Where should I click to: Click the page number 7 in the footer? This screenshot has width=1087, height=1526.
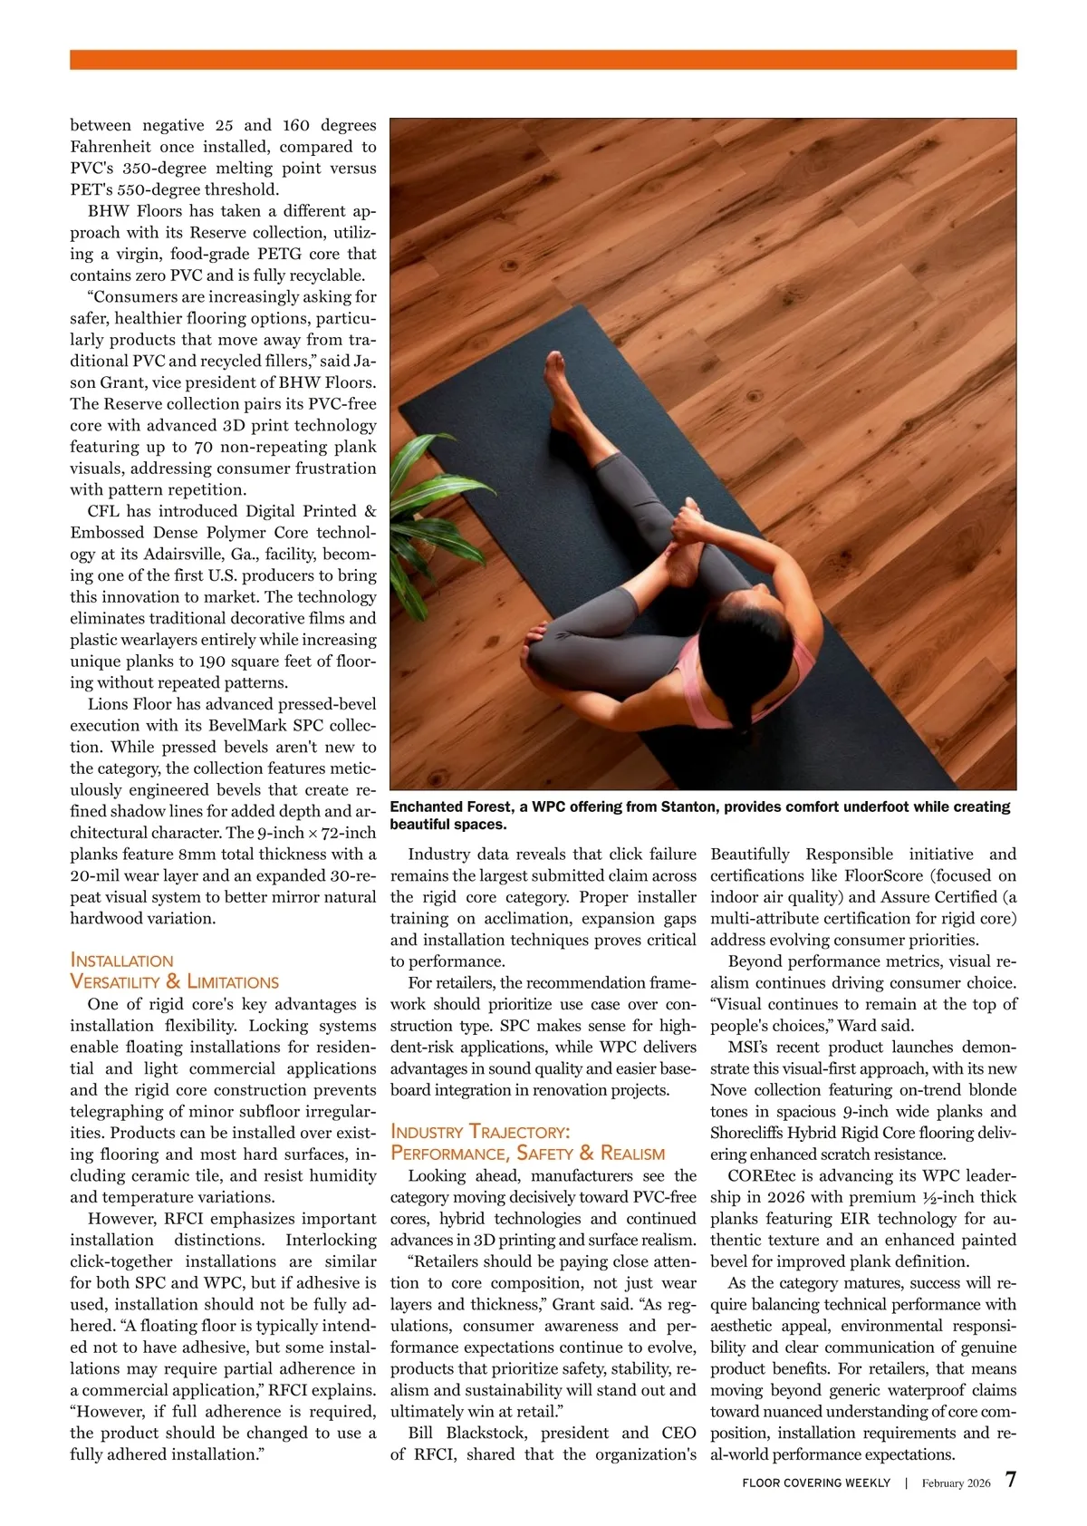click(x=1010, y=1480)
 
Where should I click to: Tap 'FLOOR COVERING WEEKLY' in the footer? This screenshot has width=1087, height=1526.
click(x=816, y=1483)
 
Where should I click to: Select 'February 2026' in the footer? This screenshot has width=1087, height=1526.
click(x=956, y=1483)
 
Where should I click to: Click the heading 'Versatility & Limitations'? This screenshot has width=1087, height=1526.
click(x=175, y=982)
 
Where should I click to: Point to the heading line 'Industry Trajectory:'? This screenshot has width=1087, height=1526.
click(x=480, y=1132)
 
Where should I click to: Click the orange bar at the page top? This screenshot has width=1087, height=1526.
click(x=543, y=60)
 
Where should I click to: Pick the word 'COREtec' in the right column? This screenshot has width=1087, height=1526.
click(x=762, y=1175)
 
